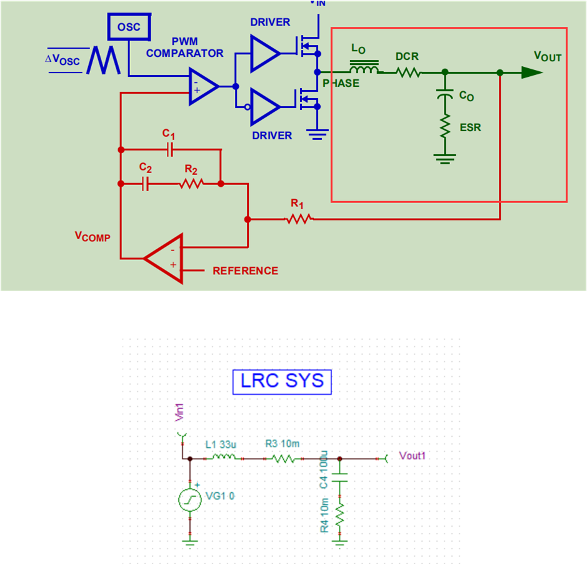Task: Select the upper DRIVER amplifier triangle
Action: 264,52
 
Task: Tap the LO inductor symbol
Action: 365,67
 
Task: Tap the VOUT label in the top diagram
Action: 547,57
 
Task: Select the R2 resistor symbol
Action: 191,184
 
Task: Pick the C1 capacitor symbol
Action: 169,150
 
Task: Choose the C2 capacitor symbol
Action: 145,184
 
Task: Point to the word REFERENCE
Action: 245,271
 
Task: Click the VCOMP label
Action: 92,236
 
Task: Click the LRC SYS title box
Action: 282,381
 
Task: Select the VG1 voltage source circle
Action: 190,500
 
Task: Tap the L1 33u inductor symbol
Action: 223,458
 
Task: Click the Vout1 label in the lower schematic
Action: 413,456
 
